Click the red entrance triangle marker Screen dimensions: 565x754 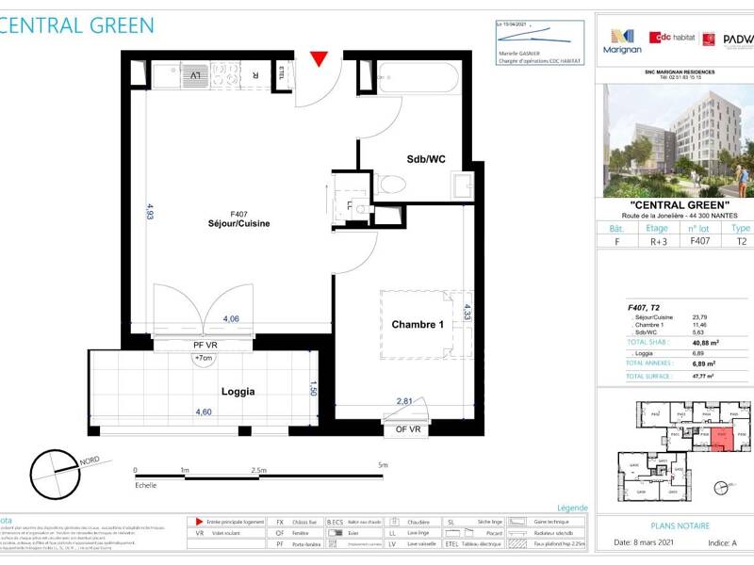click(x=320, y=59)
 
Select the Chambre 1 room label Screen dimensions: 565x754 click(x=418, y=325)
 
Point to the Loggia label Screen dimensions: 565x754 click(x=238, y=391)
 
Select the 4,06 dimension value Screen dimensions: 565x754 click(x=232, y=319)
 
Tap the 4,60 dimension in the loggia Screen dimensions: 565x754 click(x=203, y=412)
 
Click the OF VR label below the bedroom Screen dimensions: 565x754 click(x=407, y=428)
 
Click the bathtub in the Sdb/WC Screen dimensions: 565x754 click(x=418, y=76)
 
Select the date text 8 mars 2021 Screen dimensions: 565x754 click(x=650, y=542)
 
